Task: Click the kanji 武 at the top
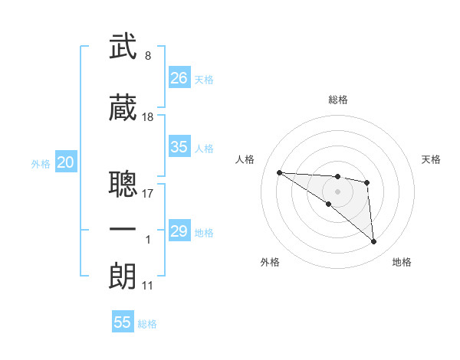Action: [x=123, y=46]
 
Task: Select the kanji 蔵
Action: [x=123, y=108]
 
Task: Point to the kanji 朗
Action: [x=123, y=275]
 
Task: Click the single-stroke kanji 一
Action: [x=123, y=229]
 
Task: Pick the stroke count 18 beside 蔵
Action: [x=148, y=117]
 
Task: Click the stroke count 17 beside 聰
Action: [x=148, y=193]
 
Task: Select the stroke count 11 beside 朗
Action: [x=148, y=286]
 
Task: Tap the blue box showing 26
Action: [x=179, y=78]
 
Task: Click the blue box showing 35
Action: [x=179, y=147]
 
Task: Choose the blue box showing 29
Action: [x=179, y=231]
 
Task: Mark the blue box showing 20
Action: [x=66, y=162]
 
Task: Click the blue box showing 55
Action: [x=123, y=322]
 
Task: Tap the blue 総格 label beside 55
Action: [x=147, y=324]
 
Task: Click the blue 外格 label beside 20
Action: [x=41, y=163]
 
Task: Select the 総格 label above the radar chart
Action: [x=337, y=100]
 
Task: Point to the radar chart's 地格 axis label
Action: [x=402, y=262]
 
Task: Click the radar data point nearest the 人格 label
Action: [x=279, y=172]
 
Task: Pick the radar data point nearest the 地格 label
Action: [x=374, y=242]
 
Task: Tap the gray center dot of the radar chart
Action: [x=337, y=191]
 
